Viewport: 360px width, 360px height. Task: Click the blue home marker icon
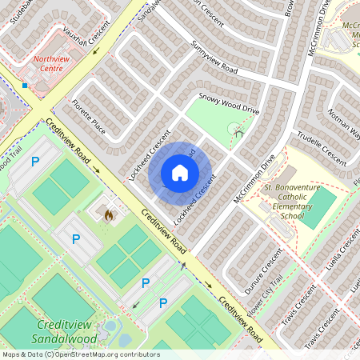[x=180, y=173]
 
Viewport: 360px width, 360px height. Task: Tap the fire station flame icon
[x=109, y=214]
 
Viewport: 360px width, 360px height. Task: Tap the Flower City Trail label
[x=265, y=297]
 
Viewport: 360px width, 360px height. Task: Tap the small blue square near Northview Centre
[x=26, y=84]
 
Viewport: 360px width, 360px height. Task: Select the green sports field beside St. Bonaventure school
[x=321, y=208]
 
